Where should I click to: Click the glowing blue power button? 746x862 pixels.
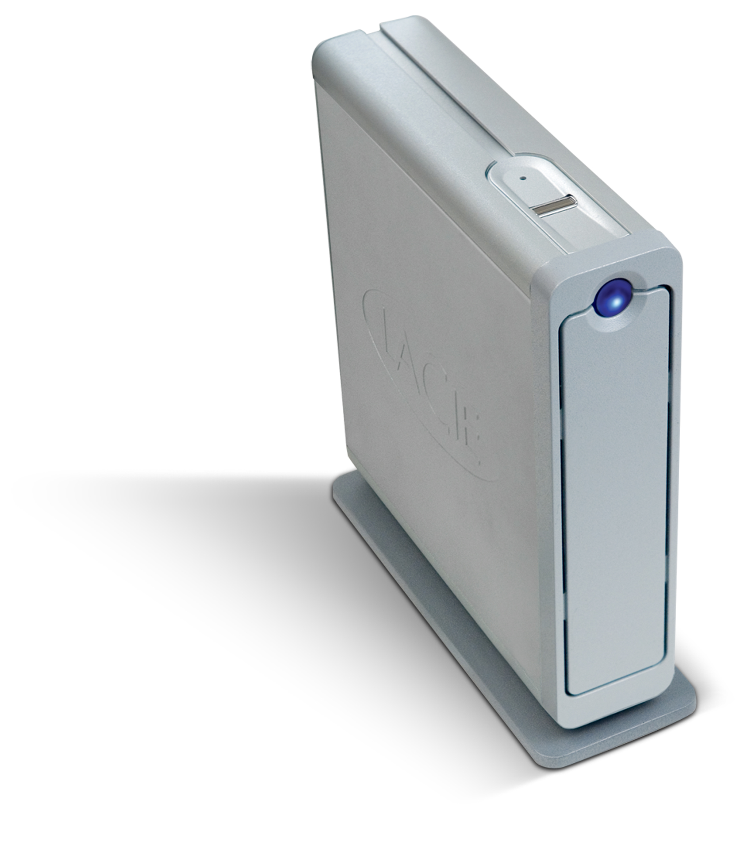(612, 297)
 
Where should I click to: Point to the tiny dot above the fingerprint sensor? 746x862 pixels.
(523, 178)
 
